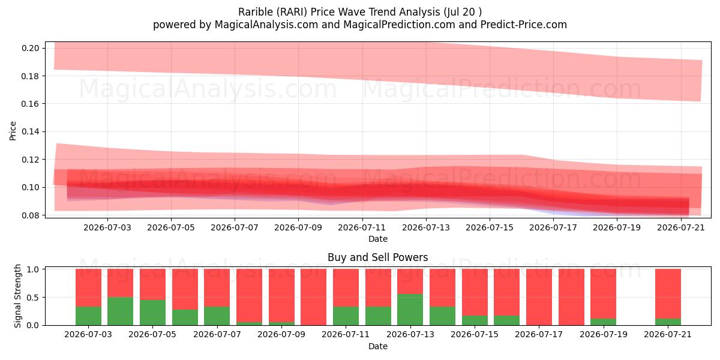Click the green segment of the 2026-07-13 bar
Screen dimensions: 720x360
(410, 310)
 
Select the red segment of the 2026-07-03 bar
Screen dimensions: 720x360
(88, 287)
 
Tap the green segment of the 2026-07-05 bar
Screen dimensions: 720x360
(152, 313)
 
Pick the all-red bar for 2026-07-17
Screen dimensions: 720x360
(539, 297)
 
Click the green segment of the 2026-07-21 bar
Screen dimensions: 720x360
(668, 322)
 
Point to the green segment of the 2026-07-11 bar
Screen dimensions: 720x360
(346, 316)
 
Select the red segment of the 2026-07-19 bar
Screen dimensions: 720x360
(604, 294)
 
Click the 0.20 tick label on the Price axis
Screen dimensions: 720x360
(30, 48)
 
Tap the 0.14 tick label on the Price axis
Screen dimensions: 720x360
(30, 132)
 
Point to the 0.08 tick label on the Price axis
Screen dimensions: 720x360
(30, 215)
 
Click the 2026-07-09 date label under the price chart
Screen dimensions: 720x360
(298, 227)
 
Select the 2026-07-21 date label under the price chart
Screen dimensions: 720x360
(681, 227)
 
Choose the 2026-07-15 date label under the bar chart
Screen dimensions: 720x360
(475, 334)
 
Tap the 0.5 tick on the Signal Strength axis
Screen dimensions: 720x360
(33, 298)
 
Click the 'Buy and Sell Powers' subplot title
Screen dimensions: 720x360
(377, 257)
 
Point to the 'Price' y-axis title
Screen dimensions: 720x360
(13, 131)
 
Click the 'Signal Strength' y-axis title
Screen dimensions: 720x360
(17, 296)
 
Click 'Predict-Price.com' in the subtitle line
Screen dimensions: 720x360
(524, 25)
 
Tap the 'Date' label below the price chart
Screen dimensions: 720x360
(377, 239)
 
